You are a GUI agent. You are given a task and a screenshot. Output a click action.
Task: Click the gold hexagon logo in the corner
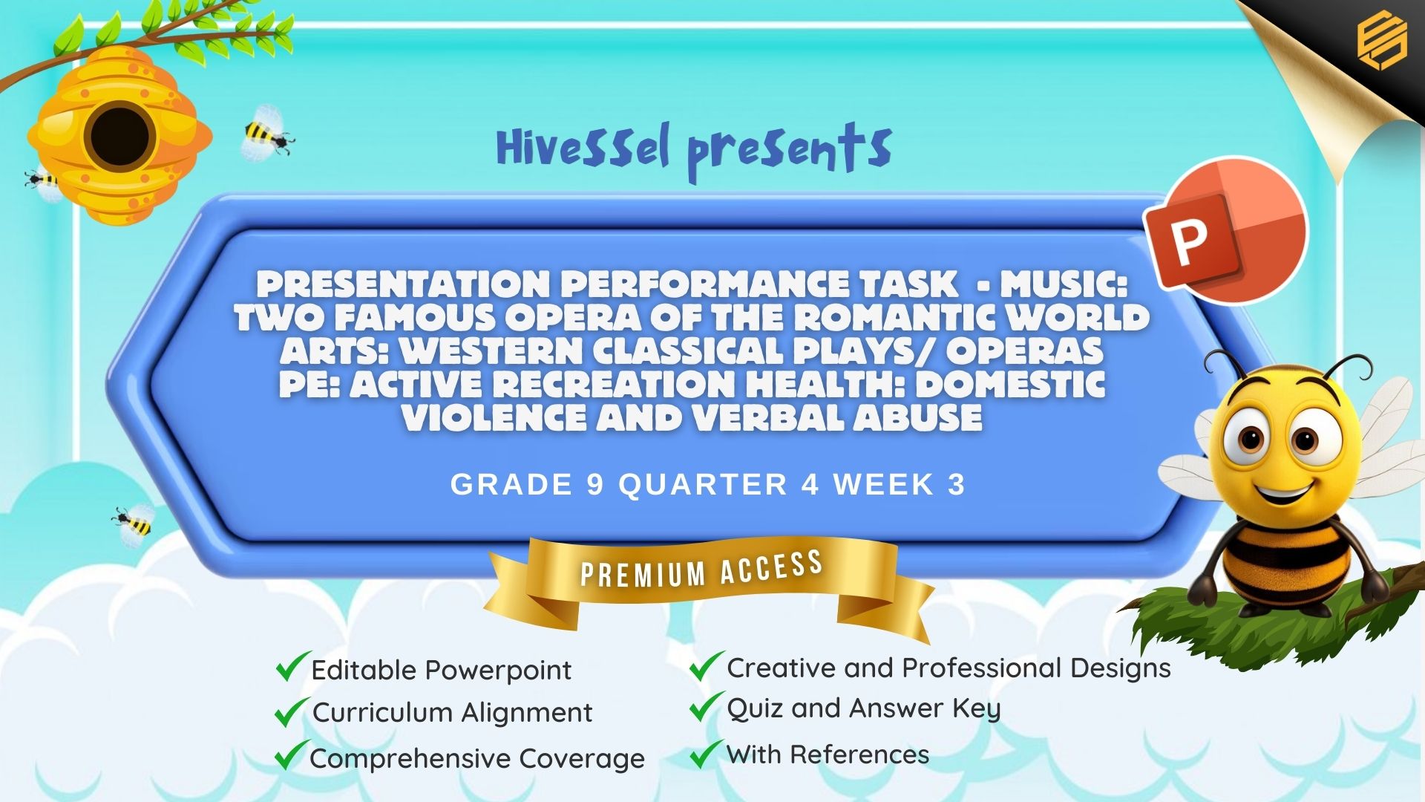(x=1381, y=41)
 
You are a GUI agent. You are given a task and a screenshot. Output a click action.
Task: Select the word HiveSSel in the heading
(x=583, y=146)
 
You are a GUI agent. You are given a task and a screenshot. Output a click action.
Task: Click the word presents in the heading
(x=789, y=151)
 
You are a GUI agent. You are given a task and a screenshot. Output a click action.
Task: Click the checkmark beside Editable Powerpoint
(x=292, y=666)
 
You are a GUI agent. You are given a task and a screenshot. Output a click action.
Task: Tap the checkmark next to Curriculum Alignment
(x=292, y=711)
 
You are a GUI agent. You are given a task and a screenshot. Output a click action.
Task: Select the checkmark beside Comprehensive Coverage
(x=292, y=755)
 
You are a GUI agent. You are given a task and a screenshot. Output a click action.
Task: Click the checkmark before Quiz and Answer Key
(x=707, y=706)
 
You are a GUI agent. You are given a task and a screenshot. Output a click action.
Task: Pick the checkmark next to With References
(x=707, y=754)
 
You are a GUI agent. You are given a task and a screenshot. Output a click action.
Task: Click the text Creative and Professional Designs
(x=949, y=668)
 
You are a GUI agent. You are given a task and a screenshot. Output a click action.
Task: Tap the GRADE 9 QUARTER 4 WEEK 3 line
(x=707, y=485)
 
